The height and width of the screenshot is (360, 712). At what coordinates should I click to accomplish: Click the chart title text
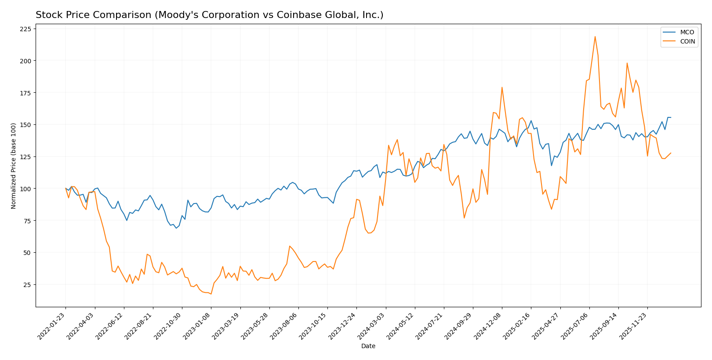pyautogui.click(x=209, y=15)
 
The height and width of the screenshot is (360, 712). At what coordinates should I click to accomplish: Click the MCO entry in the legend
pyautogui.click(x=687, y=33)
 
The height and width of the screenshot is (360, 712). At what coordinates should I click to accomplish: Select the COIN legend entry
pyautogui.click(x=687, y=42)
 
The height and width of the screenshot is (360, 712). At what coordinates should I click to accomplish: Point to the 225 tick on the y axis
pyautogui.click(x=25, y=29)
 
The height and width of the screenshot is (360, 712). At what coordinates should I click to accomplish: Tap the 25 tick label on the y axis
pyautogui.click(x=27, y=285)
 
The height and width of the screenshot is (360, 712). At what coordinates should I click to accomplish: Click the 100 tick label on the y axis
pyautogui.click(x=25, y=189)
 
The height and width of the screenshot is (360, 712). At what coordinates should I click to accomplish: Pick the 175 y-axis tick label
pyautogui.click(x=25, y=93)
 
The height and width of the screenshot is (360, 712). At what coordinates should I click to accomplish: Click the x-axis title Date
pyautogui.click(x=368, y=346)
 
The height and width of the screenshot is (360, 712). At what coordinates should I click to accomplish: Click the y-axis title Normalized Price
pyautogui.click(x=14, y=166)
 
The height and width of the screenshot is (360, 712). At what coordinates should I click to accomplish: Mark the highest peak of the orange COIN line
pyautogui.click(x=595, y=36)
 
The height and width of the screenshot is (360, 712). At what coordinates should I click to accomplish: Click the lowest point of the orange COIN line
pyautogui.click(x=211, y=294)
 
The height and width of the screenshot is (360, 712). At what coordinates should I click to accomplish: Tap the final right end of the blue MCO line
pyautogui.click(x=671, y=117)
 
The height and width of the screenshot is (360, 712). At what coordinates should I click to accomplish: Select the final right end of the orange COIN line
pyautogui.click(x=671, y=153)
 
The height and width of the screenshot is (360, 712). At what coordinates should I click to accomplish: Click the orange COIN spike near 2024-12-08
pyautogui.click(x=502, y=87)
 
